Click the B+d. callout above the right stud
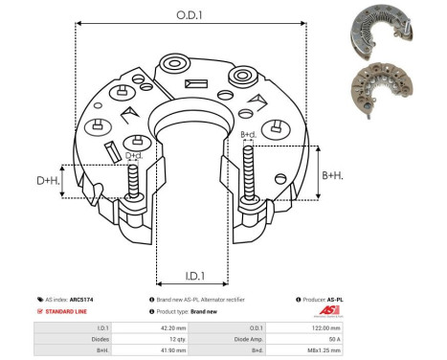click(x=248, y=134)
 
